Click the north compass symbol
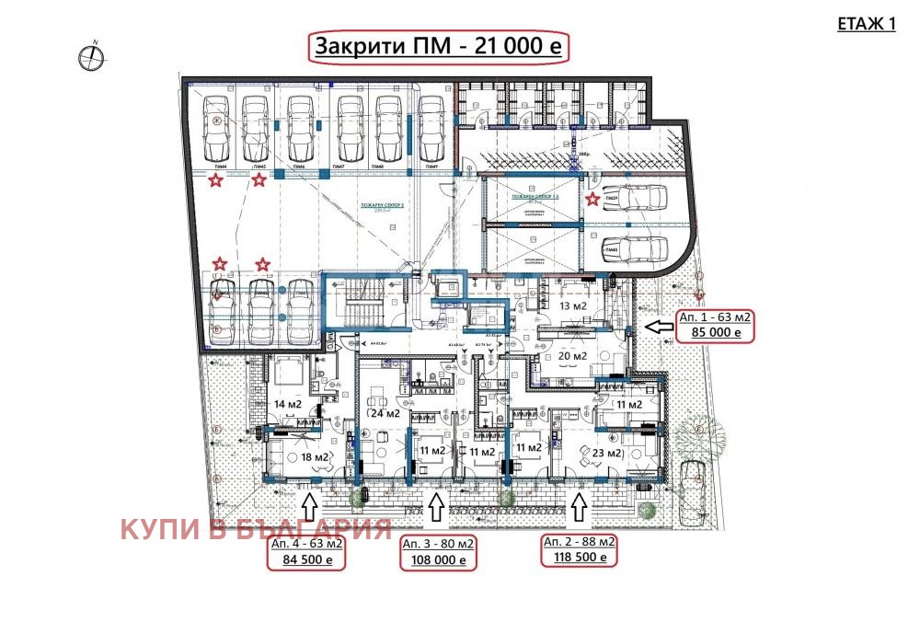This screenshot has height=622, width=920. click(x=92, y=56)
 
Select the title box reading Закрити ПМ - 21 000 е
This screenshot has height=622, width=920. click(x=439, y=47)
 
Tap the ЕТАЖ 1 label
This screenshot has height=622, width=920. click(x=866, y=25)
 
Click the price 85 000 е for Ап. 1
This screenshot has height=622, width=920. click(x=715, y=334)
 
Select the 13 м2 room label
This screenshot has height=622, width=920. click(x=575, y=305)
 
